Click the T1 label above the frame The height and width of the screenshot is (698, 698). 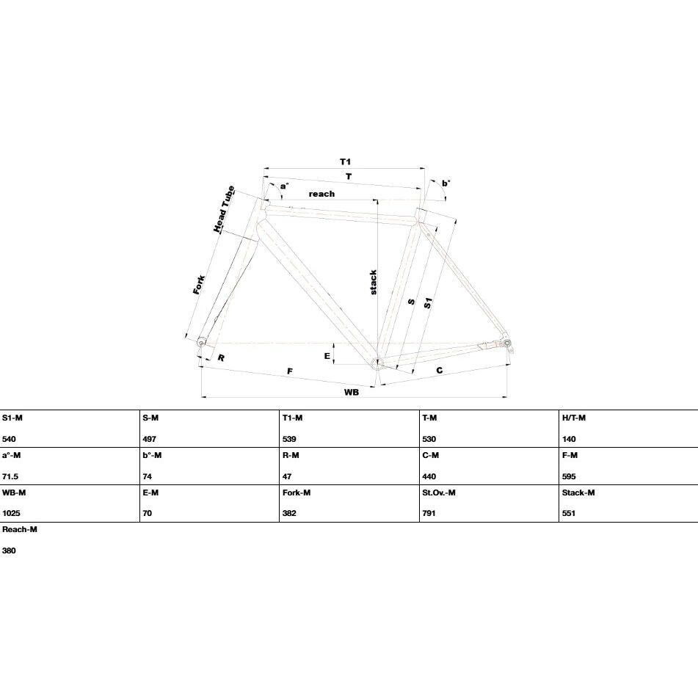coord(345,161)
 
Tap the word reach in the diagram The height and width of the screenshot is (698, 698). coord(321,194)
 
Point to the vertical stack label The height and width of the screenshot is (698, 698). coord(373,283)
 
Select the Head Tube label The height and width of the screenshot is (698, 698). coord(224,208)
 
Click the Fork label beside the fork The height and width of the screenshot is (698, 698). coord(199,285)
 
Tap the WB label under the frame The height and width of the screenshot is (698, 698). coord(352,392)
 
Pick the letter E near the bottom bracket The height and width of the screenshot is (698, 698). coord(327,356)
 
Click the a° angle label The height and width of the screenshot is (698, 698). coord(284,186)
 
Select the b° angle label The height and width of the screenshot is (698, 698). coord(446,183)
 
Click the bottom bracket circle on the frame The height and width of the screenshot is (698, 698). coord(377,362)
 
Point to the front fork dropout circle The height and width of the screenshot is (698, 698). coord(201,343)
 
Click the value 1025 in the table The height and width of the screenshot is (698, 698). coord(11,513)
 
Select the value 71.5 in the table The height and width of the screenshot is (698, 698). coord(10,476)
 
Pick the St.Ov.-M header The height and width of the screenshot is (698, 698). coord(439,492)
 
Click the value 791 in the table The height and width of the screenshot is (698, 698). coord(429,513)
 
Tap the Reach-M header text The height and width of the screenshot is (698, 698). coord(20,530)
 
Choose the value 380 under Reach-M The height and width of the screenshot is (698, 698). coord(9,550)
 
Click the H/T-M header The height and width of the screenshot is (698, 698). coord(574,418)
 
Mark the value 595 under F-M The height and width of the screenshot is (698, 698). coord(569,476)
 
